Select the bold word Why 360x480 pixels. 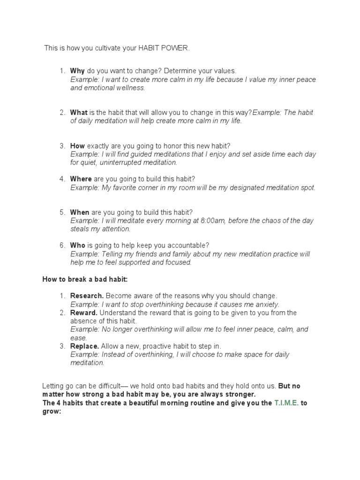pos(77,71)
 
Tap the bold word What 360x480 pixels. pos(79,112)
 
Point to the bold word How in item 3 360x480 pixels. pos(77,146)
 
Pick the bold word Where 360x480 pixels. pos(81,179)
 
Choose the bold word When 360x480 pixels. pos(80,212)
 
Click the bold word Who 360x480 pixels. pos(77,245)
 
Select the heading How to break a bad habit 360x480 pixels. pos(85,279)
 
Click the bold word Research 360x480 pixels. pos(87,296)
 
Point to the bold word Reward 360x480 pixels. pos(84,313)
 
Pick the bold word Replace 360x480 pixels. pos(84,346)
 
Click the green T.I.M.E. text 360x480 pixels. pos(286,403)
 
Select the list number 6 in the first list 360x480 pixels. pos(62,245)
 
